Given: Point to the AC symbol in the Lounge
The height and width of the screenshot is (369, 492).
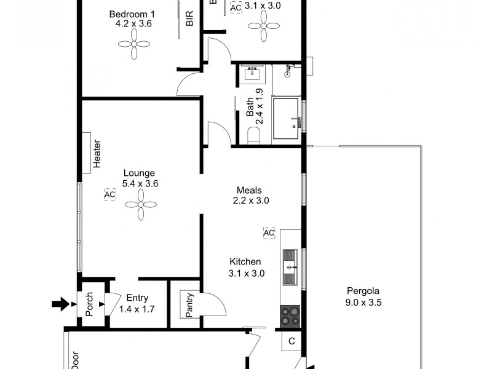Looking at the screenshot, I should point(109,194).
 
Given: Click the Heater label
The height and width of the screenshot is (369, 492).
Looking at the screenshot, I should point(97,153).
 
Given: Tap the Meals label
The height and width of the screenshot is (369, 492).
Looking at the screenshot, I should point(250,190).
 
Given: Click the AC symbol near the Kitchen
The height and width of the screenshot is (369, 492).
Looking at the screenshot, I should point(269,233).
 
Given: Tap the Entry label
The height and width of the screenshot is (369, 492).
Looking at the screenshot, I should point(137,297).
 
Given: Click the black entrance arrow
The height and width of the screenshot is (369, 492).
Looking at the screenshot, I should point(61,303).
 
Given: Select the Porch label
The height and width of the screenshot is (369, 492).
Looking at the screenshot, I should point(89,304).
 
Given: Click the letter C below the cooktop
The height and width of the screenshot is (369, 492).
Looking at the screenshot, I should point(292,341).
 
